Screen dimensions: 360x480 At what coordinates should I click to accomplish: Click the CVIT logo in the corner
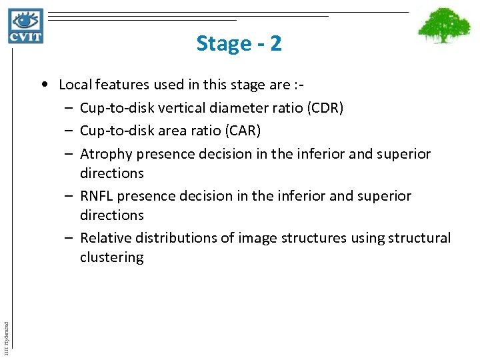pyautogui.click(x=26, y=26)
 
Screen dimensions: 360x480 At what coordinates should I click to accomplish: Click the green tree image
pyautogui.click(x=444, y=26)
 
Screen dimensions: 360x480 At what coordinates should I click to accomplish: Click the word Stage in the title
pyautogui.click(x=223, y=44)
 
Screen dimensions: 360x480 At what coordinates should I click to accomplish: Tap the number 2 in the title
pyautogui.click(x=275, y=44)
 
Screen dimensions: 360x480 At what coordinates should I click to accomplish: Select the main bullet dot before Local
pyautogui.click(x=43, y=85)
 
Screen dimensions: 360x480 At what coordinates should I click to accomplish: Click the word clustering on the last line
pyautogui.click(x=111, y=257)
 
